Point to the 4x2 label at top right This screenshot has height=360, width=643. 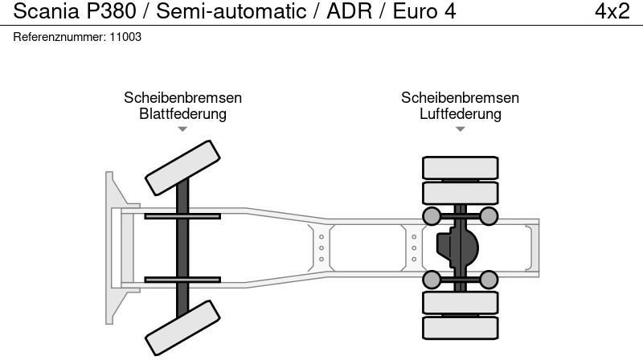point(612,12)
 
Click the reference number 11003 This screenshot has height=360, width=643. point(127,38)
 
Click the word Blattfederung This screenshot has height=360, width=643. point(182,113)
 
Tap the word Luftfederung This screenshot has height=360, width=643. point(461,113)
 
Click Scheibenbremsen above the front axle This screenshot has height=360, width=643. point(182,97)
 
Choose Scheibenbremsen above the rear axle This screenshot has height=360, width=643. point(461,97)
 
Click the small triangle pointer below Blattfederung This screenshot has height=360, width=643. point(182,129)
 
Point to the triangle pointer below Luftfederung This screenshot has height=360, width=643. point(461,129)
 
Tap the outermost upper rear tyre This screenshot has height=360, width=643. point(461,168)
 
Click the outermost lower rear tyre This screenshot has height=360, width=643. point(461,326)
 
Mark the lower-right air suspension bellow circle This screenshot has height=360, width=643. point(489,280)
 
